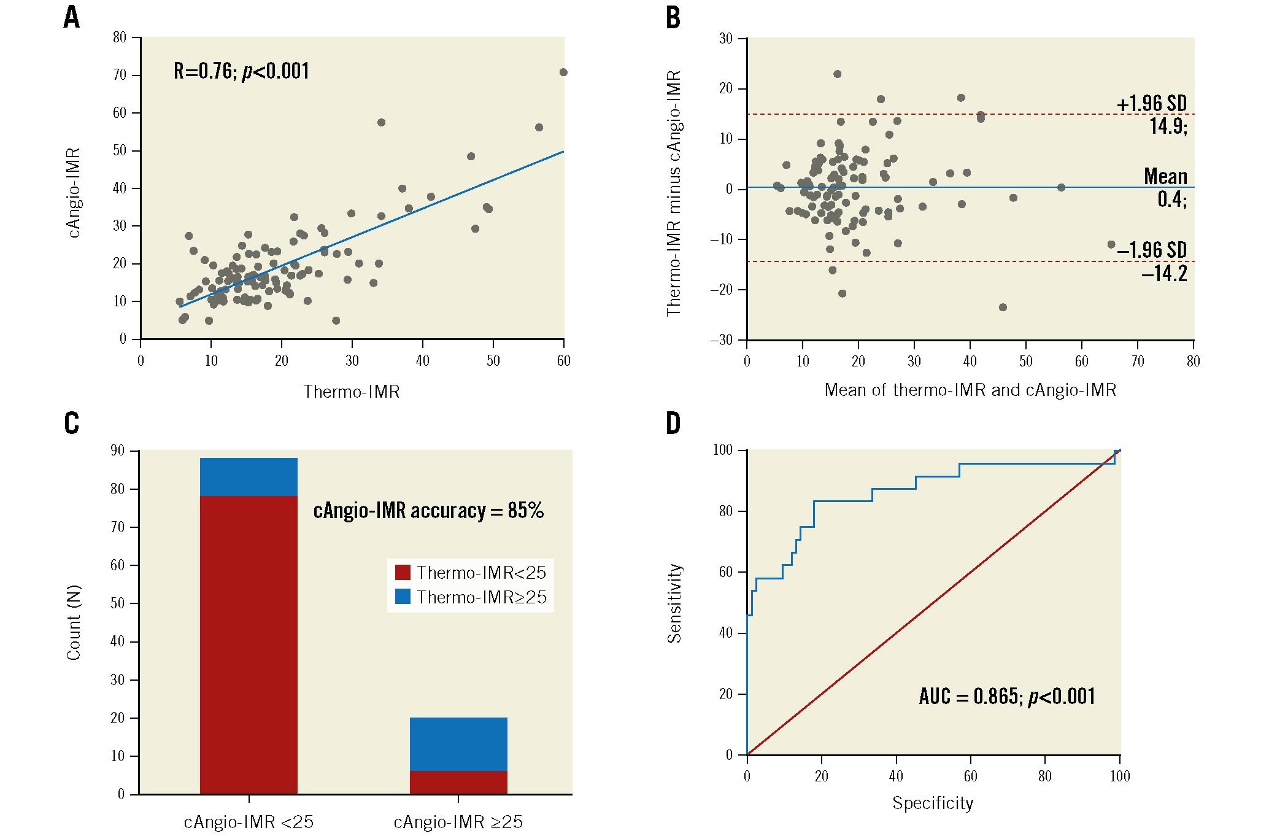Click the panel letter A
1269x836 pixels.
(71, 18)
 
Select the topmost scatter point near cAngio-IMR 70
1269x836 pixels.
(563, 72)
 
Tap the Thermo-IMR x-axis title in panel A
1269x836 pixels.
(352, 392)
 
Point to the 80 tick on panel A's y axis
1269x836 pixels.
(119, 37)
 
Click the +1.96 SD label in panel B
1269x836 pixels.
(1152, 104)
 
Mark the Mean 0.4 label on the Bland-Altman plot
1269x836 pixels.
(1165, 187)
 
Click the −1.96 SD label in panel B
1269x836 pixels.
(1152, 250)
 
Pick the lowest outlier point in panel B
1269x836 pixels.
(1003, 308)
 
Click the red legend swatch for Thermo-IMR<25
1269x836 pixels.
(403, 573)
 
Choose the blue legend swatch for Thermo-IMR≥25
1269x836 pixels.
(403, 597)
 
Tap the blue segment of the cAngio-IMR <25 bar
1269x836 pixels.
(249, 477)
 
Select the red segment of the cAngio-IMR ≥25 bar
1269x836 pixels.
(458, 782)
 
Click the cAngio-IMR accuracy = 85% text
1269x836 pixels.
(428, 511)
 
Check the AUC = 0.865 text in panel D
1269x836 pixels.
(1006, 696)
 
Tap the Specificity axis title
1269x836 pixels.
(933, 803)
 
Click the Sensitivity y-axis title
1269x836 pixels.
(674, 603)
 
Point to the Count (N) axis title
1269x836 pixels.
(74, 622)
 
